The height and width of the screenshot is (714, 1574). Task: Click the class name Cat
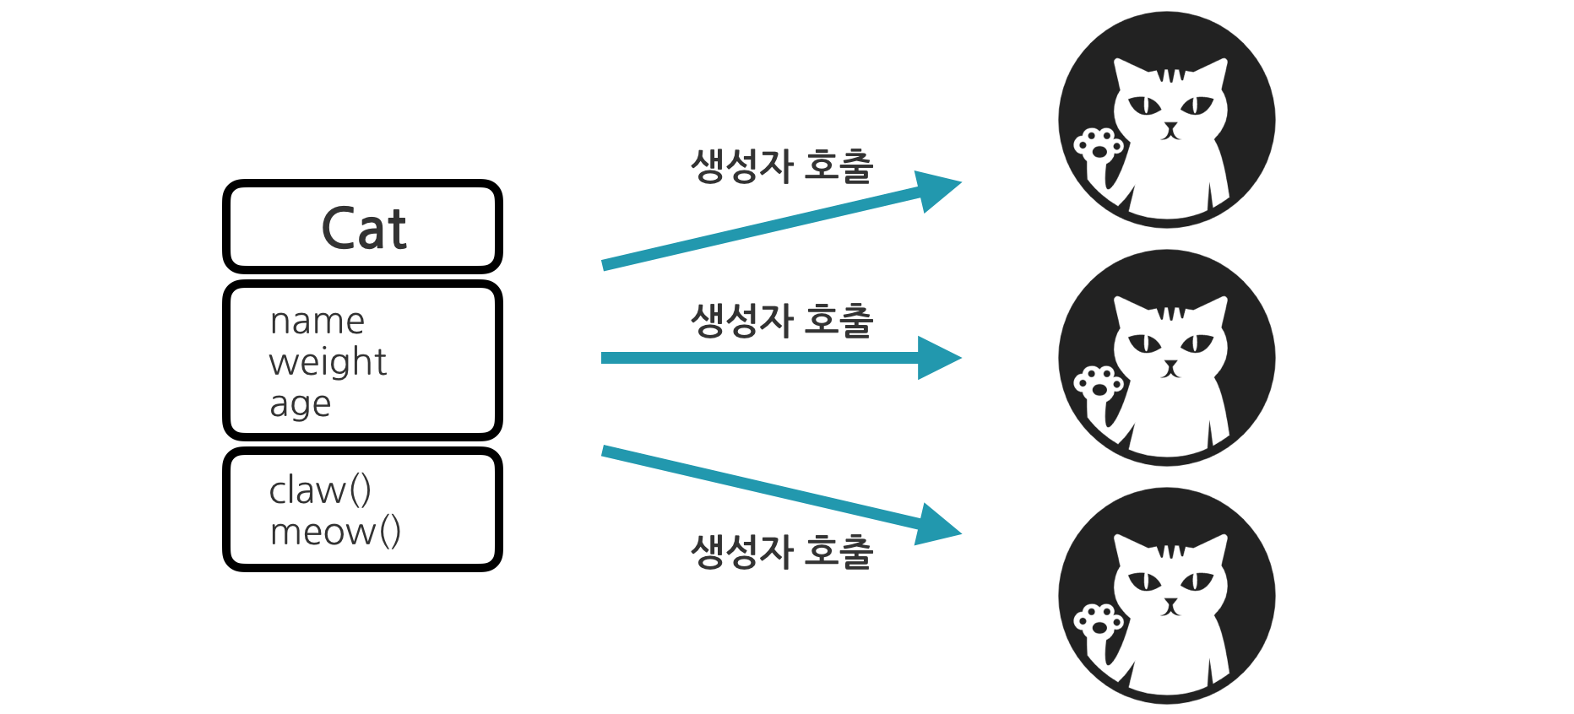click(x=364, y=229)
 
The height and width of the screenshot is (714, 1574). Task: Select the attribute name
click(x=318, y=322)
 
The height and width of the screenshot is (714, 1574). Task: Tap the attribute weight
click(x=328, y=362)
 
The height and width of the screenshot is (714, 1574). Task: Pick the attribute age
click(x=300, y=404)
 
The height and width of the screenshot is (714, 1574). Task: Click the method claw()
click(x=320, y=490)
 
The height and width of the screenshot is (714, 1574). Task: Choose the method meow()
click(x=335, y=532)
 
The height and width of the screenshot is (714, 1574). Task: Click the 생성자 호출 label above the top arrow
click(x=782, y=165)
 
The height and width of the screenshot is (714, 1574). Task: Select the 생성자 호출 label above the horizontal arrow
click(x=782, y=321)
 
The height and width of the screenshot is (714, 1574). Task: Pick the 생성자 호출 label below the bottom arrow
click(x=782, y=552)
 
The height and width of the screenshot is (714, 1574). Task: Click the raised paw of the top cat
click(x=1098, y=146)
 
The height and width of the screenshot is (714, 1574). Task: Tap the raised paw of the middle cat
click(x=1098, y=384)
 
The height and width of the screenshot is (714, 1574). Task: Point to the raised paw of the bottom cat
click(x=1098, y=622)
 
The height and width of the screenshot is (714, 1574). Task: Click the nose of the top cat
click(x=1170, y=127)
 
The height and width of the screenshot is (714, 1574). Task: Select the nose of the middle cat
click(x=1170, y=365)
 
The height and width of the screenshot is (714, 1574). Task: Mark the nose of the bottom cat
click(x=1170, y=603)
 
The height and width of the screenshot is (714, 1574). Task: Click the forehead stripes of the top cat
click(x=1170, y=76)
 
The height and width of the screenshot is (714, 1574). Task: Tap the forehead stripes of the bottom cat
click(x=1170, y=552)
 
